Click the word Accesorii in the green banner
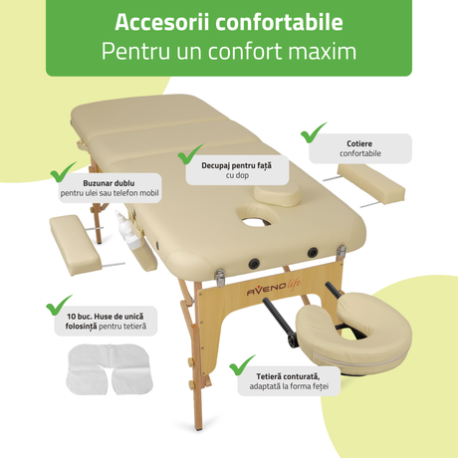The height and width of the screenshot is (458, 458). [x=162, y=22]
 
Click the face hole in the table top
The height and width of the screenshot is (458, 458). [x=256, y=221]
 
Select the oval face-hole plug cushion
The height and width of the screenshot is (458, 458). [x=277, y=195]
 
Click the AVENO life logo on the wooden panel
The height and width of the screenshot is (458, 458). [x=274, y=288]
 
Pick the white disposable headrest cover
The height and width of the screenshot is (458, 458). [x=110, y=369]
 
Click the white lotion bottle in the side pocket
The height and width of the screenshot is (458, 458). [x=128, y=230]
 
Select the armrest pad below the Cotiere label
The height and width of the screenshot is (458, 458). [x=371, y=183]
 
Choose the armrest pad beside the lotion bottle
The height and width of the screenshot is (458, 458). [x=76, y=245]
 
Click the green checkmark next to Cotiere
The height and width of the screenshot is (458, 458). [x=313, y=132]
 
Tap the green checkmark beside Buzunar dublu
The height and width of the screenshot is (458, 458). [x=63, y=172]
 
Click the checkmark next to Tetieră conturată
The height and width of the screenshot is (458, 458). [x=242, y=365]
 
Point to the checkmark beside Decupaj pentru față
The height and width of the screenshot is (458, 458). [x=190, y=154]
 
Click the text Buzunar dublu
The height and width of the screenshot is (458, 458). [x=109, y=183]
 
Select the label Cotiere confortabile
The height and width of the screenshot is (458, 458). [x=359, y=148]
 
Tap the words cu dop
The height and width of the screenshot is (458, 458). [x=237, y=175]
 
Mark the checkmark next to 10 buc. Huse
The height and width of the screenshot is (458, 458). [x=59, y=305]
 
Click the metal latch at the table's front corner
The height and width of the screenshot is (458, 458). [x=220, y=278]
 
